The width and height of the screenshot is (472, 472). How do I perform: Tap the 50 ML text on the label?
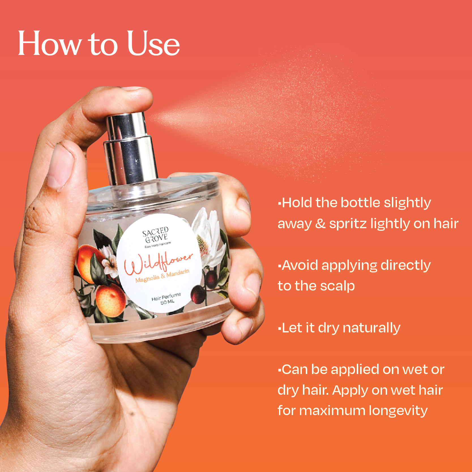coord(167,302)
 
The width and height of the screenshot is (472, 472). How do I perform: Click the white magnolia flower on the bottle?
coord(208,238)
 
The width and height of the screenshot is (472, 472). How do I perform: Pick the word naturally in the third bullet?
coord(371,328)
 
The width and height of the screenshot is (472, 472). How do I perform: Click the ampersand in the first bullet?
coord(320,224)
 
